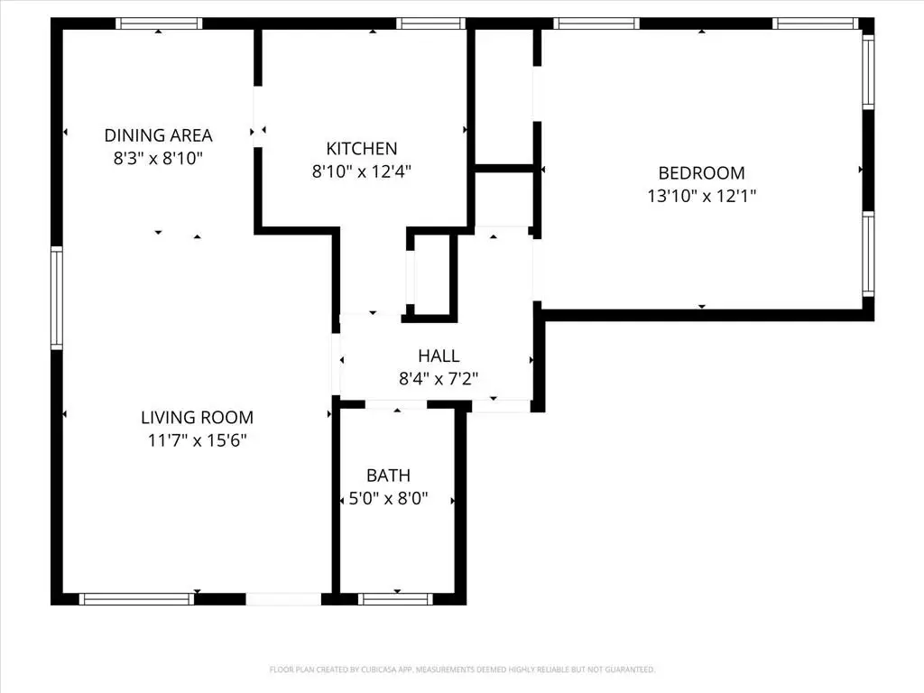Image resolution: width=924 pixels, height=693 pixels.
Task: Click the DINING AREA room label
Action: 159,136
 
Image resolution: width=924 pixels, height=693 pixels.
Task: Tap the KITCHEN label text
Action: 361,149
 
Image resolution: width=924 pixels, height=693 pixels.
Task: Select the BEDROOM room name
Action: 701,173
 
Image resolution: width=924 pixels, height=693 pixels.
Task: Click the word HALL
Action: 439,356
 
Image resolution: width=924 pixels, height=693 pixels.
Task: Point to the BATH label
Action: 388,476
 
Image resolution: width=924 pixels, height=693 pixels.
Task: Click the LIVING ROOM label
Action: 197,418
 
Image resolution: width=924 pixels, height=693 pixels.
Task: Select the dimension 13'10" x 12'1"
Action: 701,196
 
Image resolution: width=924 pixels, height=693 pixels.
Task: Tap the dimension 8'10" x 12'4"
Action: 361,171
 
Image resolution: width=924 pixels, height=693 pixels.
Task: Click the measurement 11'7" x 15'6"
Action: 197,440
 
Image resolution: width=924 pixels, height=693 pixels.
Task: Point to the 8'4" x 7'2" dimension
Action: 439,379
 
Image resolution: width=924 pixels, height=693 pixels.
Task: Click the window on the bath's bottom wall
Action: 395,598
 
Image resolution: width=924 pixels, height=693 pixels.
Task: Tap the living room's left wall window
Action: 57,299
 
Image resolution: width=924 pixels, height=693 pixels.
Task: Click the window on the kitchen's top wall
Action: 430,23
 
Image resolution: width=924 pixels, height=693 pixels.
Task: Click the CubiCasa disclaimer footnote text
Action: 462,670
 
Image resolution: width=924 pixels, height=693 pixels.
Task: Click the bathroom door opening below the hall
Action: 396,405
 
